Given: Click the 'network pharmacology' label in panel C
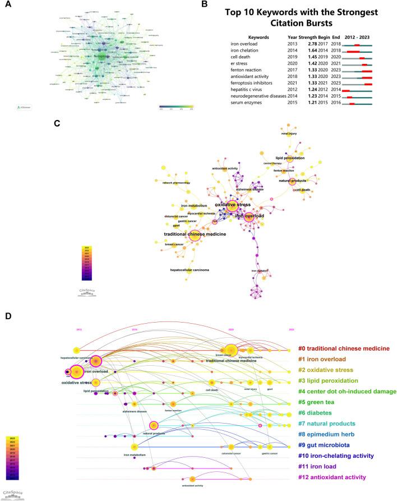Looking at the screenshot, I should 177,183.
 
